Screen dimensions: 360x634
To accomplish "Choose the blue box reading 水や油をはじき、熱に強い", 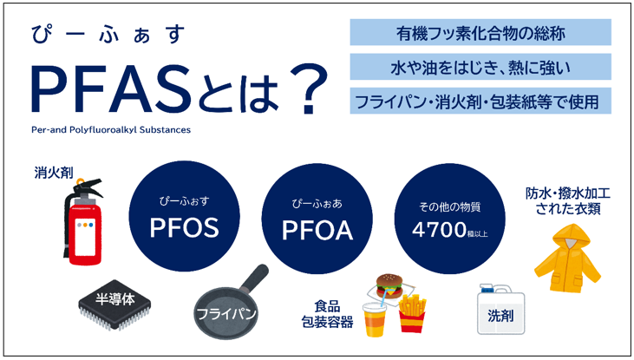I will coord(480,67).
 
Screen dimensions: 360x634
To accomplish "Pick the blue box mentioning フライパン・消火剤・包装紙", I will coord(480,101).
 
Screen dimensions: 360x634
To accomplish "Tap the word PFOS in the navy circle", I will coord(184,230).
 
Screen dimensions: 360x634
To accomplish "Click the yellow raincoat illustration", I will coord(566,259).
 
